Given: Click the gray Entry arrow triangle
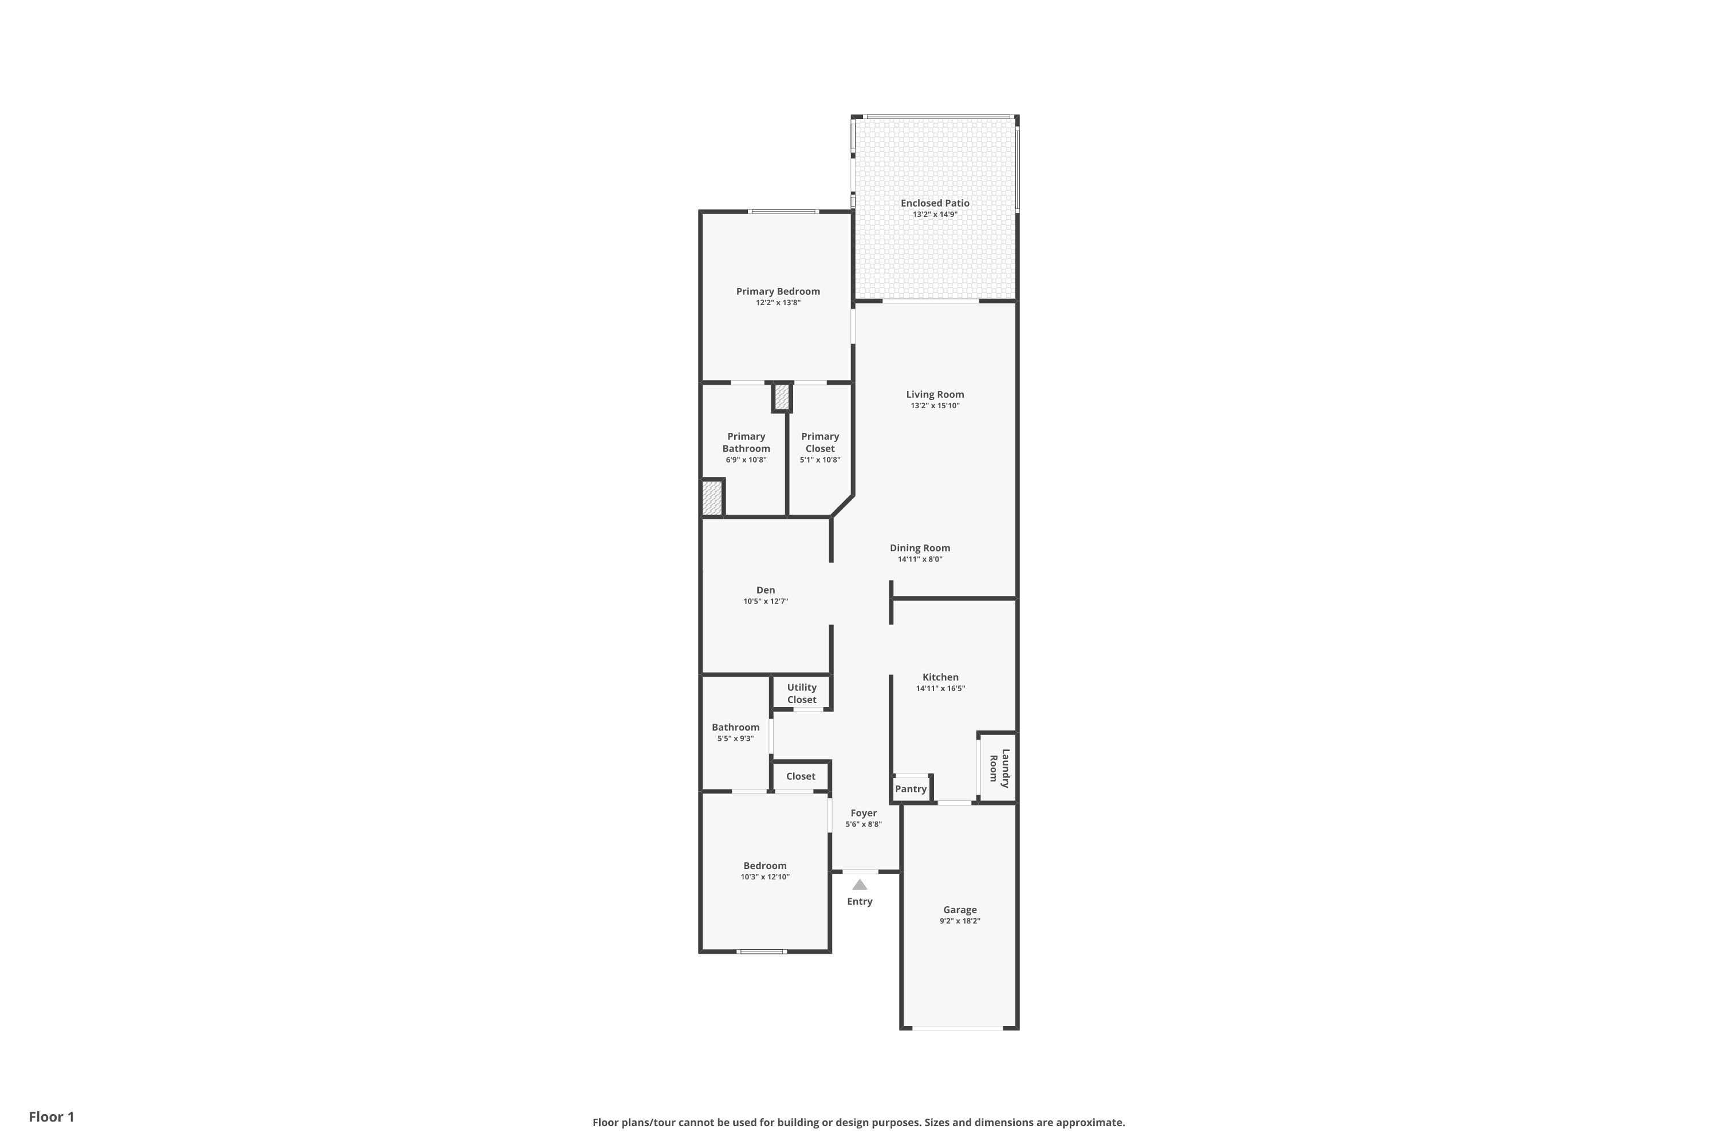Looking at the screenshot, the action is (860, 885).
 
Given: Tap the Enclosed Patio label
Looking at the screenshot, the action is (935, 203).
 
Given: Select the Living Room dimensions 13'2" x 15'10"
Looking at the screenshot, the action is (935, 405).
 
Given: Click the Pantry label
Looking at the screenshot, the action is (911, 789).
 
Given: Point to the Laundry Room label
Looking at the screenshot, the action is (999, 768).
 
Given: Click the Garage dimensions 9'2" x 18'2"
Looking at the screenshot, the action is (960, 921).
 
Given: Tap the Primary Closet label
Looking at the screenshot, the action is (820, 443).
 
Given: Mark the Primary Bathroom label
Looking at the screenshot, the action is (746, 443).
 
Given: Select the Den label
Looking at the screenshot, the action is (766, 590).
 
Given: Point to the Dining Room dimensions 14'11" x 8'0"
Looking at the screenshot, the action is (920, 559).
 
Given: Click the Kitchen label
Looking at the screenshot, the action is (941, 677).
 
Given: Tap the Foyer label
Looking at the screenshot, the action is (864, 813).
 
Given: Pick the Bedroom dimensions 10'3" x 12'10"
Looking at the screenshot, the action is (765, 877).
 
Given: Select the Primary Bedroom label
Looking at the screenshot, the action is (778, 291).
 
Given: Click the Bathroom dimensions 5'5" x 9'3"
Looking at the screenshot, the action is (735, 739).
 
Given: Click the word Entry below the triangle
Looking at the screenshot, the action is (860, 902).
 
